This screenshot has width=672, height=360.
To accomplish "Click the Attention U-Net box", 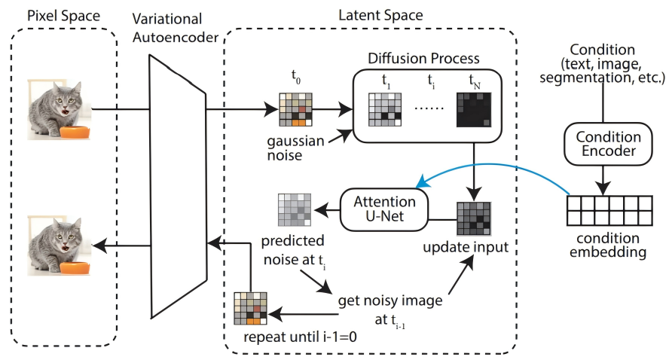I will [x=383, y=210].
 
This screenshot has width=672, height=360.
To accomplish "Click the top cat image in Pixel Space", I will [x=60, y=107].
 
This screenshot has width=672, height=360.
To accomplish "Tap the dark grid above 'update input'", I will [x=474, y=219].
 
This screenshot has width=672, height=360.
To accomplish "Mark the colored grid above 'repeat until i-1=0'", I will [x=252, y=308].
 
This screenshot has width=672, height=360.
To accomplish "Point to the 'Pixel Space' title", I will [x=59, y=16].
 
